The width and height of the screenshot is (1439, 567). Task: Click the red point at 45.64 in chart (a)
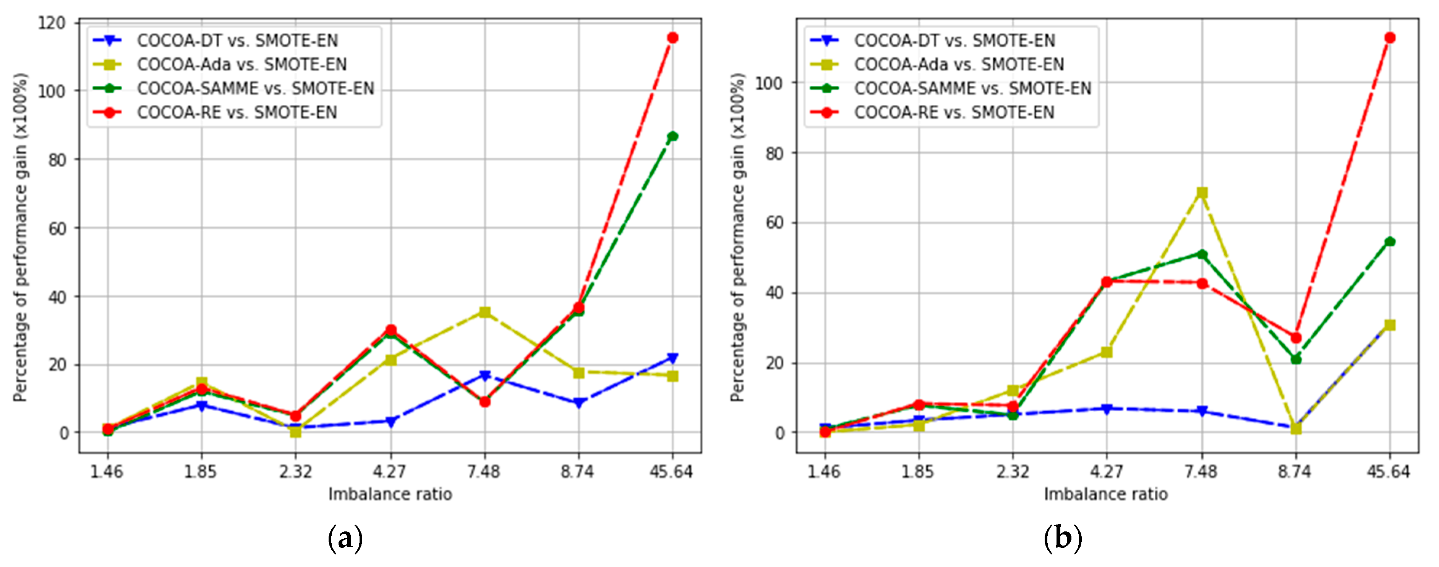click(x=673, y=37)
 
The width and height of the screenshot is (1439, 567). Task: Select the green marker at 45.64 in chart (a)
click(x=673, y=136)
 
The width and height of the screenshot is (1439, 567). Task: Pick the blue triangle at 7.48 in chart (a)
click(x=485, y=376)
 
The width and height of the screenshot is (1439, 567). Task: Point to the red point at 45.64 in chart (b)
click(x=1390, y=37)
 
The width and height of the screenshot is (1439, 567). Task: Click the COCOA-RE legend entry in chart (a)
click(x=237, y=112)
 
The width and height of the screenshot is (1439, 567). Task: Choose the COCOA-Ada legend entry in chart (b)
click(x=959, y=64)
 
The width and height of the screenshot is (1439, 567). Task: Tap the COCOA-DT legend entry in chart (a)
click(x=237, y=40)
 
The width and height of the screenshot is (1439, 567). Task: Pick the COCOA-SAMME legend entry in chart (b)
click(x=972, y=88)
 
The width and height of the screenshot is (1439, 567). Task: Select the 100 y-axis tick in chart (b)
click(x=770, y=83)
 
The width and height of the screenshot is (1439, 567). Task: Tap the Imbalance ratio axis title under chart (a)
click(x=390, y=494)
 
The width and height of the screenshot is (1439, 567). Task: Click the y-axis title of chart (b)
click(x=738, y=237)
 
